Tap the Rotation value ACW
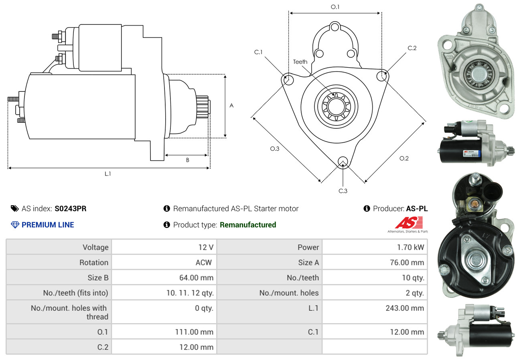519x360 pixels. tap(204, 263)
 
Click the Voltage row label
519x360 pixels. tap(95, 247)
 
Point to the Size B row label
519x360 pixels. tap(98, 277)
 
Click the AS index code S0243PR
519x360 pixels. tap(71, 208)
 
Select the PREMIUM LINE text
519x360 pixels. tap(48, 225)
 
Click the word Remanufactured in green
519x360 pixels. tap(248, 225)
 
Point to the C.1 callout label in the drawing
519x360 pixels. tap(258, 52)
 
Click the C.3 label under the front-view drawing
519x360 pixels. tap(343, 191)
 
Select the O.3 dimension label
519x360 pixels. tap(274, 149)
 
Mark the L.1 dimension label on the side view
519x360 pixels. tap(107, 174)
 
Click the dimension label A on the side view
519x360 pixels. tap(231, 105)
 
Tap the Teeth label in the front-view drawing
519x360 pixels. tap(300, 62)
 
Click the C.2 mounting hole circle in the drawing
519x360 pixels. tap(382, 75)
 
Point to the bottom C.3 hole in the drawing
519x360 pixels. tap(343, 162)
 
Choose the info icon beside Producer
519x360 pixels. tap(367, 208)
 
